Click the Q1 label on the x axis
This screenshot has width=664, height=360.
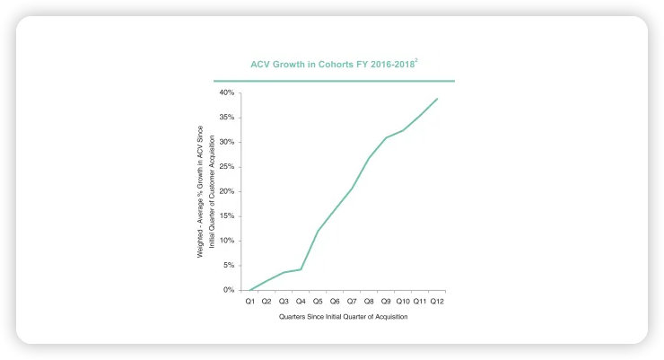[250, 302]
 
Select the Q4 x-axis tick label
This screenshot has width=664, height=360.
[301, 302]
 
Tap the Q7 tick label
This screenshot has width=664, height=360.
[352, 302]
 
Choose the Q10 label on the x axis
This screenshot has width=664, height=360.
[403, 302]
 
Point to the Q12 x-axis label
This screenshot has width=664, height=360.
[437, 302]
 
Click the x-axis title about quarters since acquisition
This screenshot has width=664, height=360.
[344, 317]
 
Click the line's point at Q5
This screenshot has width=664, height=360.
[318, 231]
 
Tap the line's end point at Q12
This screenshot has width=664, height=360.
[437, 99]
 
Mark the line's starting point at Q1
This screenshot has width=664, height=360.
[250, 290]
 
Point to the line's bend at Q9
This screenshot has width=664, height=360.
[386, 137]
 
